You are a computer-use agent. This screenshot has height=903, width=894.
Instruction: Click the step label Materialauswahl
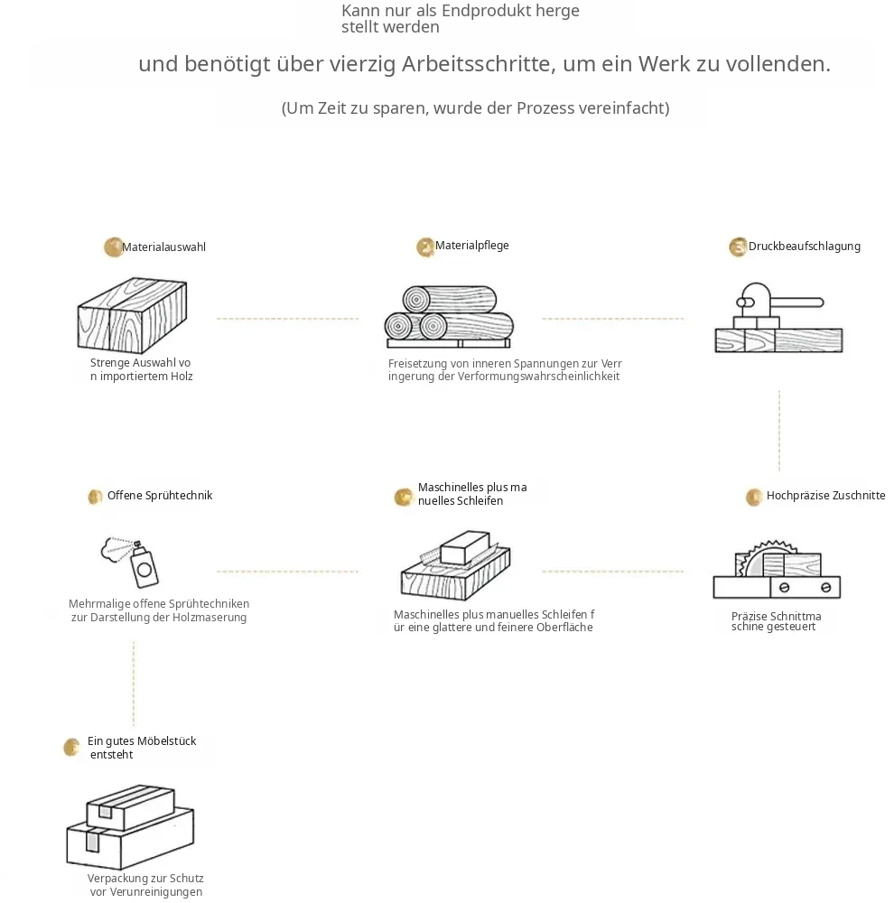163,247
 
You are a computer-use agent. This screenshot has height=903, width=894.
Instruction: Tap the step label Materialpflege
471,246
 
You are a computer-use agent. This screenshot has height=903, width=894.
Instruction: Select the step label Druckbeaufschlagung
804,247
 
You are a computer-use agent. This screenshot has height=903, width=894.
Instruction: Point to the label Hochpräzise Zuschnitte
825,495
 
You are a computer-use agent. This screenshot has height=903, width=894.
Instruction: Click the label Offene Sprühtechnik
160,495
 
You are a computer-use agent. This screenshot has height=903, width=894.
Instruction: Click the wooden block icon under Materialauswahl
132,315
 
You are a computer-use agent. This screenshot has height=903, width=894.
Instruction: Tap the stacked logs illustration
449,317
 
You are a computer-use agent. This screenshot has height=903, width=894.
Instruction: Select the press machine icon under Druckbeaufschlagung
778,317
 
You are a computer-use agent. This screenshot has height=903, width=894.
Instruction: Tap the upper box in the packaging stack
130,807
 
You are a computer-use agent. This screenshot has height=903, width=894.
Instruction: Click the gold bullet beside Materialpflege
425,247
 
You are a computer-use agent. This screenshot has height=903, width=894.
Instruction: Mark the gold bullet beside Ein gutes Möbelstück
71,748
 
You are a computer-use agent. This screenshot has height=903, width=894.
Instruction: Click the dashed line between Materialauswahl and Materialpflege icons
287,319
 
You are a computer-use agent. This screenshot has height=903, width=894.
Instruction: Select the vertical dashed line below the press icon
779,432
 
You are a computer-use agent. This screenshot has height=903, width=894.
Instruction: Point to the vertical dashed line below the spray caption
134,683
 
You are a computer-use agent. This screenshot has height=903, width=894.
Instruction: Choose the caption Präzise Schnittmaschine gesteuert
776,621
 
